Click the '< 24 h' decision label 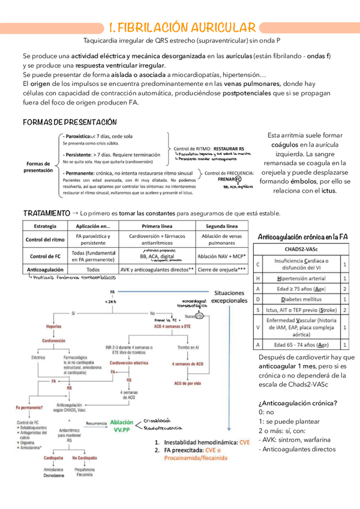pos(112,301)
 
